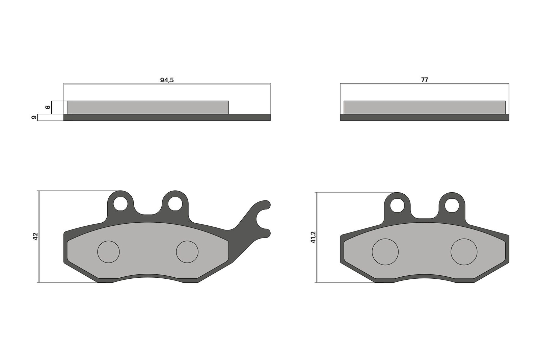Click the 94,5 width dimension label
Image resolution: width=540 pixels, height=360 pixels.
[x=167, y=80]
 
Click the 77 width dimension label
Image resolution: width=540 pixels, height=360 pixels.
[x=424, y=80]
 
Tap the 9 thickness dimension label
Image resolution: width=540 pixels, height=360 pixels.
[x=33, y=117]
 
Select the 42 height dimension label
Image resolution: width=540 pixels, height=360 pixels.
[x=35, y=236]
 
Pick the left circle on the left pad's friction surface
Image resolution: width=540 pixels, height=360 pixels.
[x=108, y=252]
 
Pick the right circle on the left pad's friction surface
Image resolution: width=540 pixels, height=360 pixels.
[x=187, y=252]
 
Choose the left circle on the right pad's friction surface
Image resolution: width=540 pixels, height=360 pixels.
[x=385, y=252]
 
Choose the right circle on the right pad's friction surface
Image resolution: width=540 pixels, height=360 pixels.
[x=464, y=252]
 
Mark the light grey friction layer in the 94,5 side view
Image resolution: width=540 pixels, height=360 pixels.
[x=148, y=107]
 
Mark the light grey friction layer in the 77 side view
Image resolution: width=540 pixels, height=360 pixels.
[x=424, y=107]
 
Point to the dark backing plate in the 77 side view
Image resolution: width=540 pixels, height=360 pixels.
[x=424, y=117]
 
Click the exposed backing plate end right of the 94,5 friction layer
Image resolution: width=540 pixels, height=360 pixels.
[x=250, y=117]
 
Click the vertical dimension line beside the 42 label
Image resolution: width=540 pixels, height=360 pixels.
[x=39, y=256]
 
